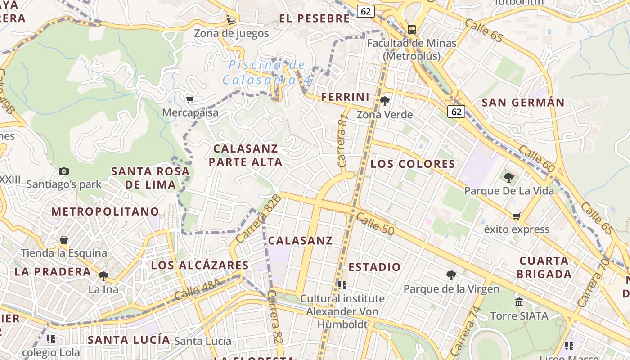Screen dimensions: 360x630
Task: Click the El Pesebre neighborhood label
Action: [x=314, y=18]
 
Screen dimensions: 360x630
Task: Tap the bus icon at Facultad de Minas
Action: [x=411, y=30]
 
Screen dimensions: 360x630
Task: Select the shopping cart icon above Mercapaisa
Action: [x=190, y=99]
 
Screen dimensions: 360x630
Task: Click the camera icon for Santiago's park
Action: [x=64, y=171]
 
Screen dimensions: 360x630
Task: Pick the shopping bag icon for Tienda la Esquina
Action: [x=64, y=240]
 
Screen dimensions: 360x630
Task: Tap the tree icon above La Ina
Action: [x=103, y=276]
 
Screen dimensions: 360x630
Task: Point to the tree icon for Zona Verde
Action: [x=384, y=101]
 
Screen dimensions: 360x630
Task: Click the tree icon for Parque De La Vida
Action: [x=508, y=178]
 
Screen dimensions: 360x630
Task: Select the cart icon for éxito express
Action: [x=516, y=216]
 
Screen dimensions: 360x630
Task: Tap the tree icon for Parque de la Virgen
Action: [x=451, y=275]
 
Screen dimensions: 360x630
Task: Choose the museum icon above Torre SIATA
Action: [x=519, y=302]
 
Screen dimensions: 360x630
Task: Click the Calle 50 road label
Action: [x=375, y=224]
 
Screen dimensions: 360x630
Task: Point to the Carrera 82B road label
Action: [x=258, y=219]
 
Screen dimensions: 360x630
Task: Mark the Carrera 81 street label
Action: [x=343, y=141]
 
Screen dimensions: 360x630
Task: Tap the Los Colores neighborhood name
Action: [x=413, y=164]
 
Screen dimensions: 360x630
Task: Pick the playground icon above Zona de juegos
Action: [x=231, y=20]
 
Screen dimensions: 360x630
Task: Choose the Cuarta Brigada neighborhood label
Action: [x=544, y=267]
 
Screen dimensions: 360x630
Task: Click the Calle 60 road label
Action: [x=536, y=158]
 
